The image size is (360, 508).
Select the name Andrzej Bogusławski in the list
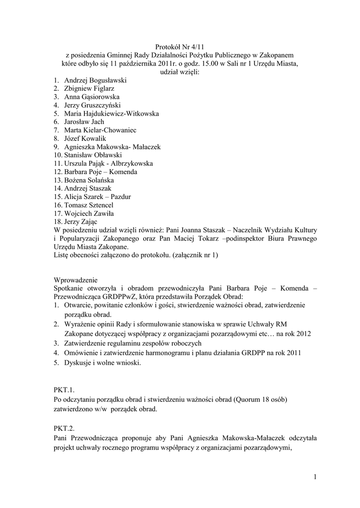click(95, 79)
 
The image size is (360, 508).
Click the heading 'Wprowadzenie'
click(76, 280)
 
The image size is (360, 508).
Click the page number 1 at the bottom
click(315, 477)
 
